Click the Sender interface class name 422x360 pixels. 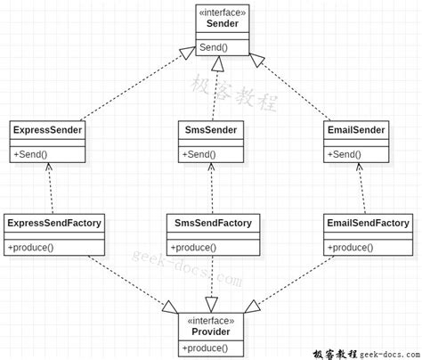pos(223,23)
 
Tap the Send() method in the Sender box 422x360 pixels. pos(214,47)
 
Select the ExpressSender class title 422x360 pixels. pos(47,130)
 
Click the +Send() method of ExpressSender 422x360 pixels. pos(30,154)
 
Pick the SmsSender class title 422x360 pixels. pos(211,130)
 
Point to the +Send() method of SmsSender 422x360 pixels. pos(199,154)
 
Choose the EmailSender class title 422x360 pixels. pos(356,130)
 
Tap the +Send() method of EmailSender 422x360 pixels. pos(345,154)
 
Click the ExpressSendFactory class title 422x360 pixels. pos(54,223)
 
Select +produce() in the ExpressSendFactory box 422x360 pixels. pos(30,248)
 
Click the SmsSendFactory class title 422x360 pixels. pos(213,223)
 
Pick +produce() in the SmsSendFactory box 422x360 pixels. pos(193,248)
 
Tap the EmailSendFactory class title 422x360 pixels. pos(368,223)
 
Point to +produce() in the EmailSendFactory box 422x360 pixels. pos(350,248)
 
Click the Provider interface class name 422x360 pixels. pos(211,331)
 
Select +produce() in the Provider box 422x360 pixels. pos(205,348)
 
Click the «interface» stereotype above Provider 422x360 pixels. pos(211,321)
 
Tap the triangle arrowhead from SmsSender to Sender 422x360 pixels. pos(217,63)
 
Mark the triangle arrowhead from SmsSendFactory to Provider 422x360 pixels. pos(211,305)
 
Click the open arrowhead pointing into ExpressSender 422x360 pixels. pos(49,167)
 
